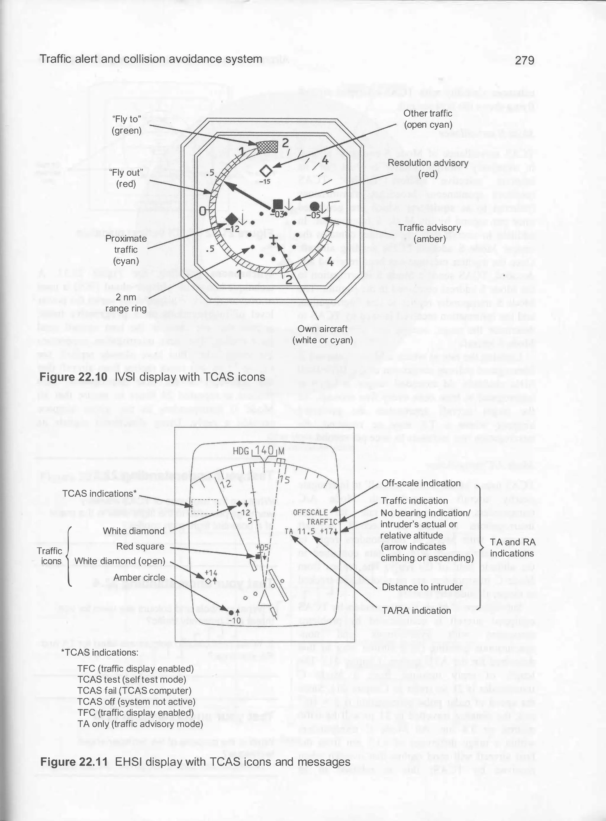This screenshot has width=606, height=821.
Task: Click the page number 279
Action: (524, 60)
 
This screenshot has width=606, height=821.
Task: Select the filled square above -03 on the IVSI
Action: (278, 204)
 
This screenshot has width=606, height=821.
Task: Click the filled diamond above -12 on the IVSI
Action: (231, 219)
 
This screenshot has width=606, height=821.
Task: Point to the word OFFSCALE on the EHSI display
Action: (310, 512)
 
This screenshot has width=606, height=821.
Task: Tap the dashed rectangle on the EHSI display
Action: (205, 506)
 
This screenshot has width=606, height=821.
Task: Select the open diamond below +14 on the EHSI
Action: (208, 581)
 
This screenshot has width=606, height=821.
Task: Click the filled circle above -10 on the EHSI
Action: (231, 613)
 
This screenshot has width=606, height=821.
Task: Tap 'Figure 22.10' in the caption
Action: (73, 377)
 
